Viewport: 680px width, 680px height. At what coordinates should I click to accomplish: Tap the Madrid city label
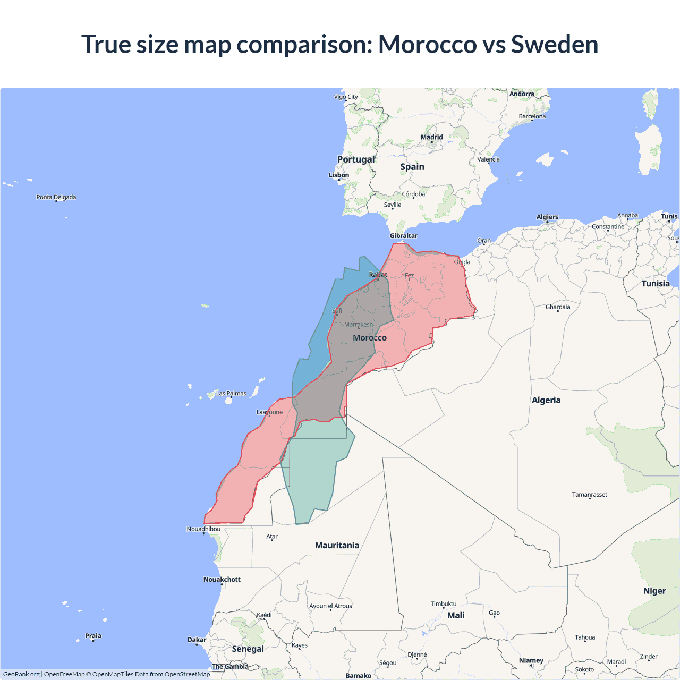pos(431,137)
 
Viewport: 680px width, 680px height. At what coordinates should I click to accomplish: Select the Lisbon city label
pos(339,175)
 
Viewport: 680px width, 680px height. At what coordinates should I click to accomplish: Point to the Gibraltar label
pos(404,236)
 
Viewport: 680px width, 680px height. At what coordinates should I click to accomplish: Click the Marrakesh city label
pos(359,325)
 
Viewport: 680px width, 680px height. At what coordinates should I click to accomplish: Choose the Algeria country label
pos(546,400)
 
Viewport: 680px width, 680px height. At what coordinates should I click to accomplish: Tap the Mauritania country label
pos(337,546)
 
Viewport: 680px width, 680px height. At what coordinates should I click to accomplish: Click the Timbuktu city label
pos(444,604)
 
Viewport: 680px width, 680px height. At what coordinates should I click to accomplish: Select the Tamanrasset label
pos(589,495)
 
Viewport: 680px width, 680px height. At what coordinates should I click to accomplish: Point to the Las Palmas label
pos(231,394)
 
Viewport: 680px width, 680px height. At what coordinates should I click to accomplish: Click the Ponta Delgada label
pos(56,197)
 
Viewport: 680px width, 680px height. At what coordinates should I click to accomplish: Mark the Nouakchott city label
pos(222,580)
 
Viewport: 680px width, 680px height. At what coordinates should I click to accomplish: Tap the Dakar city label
pos(197,640)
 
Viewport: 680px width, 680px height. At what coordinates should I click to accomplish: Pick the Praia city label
pos(93,636)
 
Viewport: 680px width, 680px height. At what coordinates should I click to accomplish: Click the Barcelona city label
pos(532,116)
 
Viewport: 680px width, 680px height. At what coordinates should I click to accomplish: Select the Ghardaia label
pos(558,307)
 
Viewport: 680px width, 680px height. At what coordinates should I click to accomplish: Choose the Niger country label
pos(654,591)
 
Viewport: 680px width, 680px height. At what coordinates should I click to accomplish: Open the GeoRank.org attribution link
pos(21,674)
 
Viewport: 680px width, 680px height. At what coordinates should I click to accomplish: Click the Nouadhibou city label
pos(203,529)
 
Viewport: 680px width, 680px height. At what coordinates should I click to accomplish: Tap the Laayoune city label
pos(269,412)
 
